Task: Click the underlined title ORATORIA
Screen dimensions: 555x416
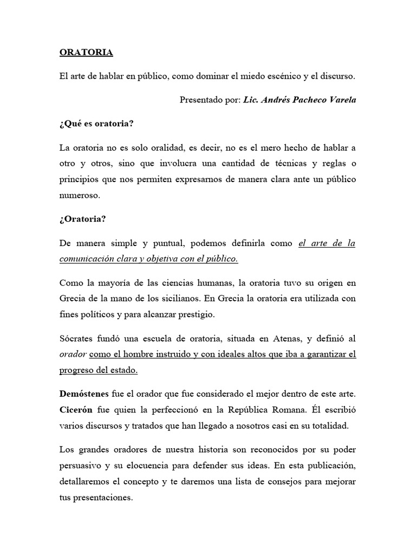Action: pos(86,53)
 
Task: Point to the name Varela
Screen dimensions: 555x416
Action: pos(342,100)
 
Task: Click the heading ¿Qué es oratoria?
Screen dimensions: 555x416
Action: pos(96,124)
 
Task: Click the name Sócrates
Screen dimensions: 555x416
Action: pos(77,339)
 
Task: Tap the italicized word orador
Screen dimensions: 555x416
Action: pos(73,355)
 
